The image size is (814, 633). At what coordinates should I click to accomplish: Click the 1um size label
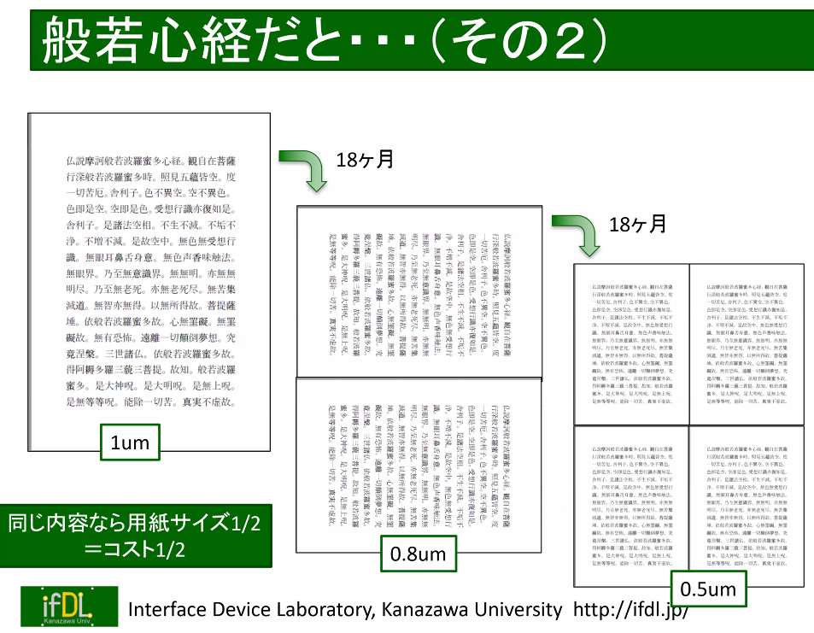(x=130, y=443)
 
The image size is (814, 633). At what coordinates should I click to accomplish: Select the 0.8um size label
(x=418, y=554)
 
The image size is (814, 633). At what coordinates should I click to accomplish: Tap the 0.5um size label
(x=708, y=589)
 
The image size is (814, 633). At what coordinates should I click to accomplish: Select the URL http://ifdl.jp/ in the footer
(x=630, y=610)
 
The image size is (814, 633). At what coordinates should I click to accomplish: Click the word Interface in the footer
(x=165, y=610)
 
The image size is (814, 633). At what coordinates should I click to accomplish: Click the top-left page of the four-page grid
(x=632, y=343)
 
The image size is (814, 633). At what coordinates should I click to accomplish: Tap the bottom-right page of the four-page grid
(x=747, y=506)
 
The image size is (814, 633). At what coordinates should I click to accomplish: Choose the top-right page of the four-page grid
(x=747, y=343)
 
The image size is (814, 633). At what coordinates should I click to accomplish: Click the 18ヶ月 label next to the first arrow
(x=365, y=159)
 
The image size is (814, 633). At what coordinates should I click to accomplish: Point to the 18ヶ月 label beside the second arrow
(x=637, y=224)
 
